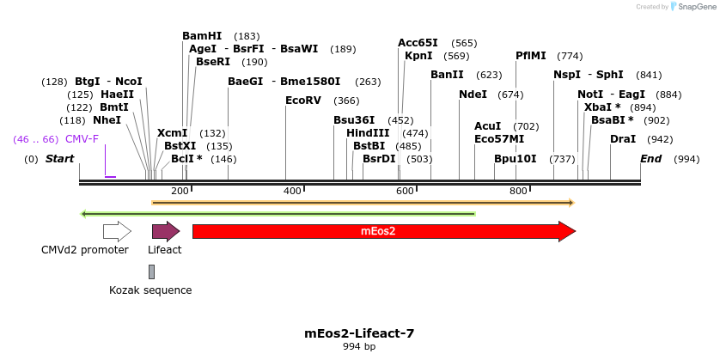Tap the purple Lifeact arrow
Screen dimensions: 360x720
tap(165, 231)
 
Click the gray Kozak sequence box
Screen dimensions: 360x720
tap(152, 272)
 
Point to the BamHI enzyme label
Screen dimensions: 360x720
tap(202, 36)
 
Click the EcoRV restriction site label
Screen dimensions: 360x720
tap(303, 101)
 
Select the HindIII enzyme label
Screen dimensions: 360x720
tap(368, 133)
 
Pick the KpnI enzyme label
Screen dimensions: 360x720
tap(418, 56)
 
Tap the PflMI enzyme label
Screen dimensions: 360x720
tap(530, 56)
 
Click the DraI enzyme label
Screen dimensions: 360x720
tap(623, 139)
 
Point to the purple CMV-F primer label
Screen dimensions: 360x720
tap(82, 139)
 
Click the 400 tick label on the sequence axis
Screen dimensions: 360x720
tap(292, 191)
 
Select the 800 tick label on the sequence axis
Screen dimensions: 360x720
tap(518, 191)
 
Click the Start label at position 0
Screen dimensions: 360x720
tap(59, 159)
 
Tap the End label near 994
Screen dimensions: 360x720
tap(650, 159)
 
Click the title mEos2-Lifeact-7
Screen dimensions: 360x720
tap(359, 333)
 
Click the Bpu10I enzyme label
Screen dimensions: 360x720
tap(515, 159)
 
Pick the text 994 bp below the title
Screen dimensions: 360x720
tap(359, 347)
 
